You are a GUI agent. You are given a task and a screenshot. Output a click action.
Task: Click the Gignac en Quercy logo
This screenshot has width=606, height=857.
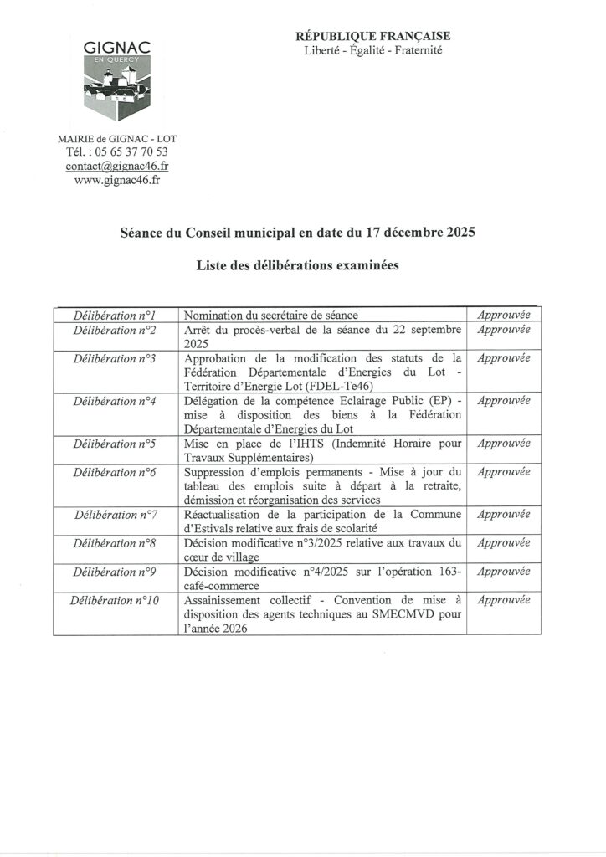point(116,80)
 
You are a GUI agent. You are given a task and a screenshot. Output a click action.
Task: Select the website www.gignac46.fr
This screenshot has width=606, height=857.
point(117,180)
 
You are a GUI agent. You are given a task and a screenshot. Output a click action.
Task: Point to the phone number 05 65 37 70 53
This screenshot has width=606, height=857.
point(129,151)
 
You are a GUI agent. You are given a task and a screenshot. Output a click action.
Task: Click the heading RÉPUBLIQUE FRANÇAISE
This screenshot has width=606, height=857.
point(373,36)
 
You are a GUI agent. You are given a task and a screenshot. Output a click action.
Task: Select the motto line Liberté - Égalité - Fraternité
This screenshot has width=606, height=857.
point(373,50)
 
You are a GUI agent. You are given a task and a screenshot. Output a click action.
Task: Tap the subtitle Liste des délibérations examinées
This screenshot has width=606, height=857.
point(298,266)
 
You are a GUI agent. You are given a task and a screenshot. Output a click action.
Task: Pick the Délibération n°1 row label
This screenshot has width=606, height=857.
point(116,316)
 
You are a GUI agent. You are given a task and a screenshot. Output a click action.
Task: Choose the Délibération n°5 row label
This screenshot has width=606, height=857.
point(116,443)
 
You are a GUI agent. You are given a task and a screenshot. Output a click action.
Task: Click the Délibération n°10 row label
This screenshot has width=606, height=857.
point(116,599)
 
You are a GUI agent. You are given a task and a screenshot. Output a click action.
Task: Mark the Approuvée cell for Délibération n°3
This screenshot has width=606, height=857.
point(503,357)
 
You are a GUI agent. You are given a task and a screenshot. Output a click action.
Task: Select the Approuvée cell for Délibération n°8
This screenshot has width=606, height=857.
point(503,542)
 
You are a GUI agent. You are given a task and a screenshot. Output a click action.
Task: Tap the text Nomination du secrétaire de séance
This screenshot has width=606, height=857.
point(270,316)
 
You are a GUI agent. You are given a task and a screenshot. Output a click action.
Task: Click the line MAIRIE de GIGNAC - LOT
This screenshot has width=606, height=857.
point(117,138)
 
